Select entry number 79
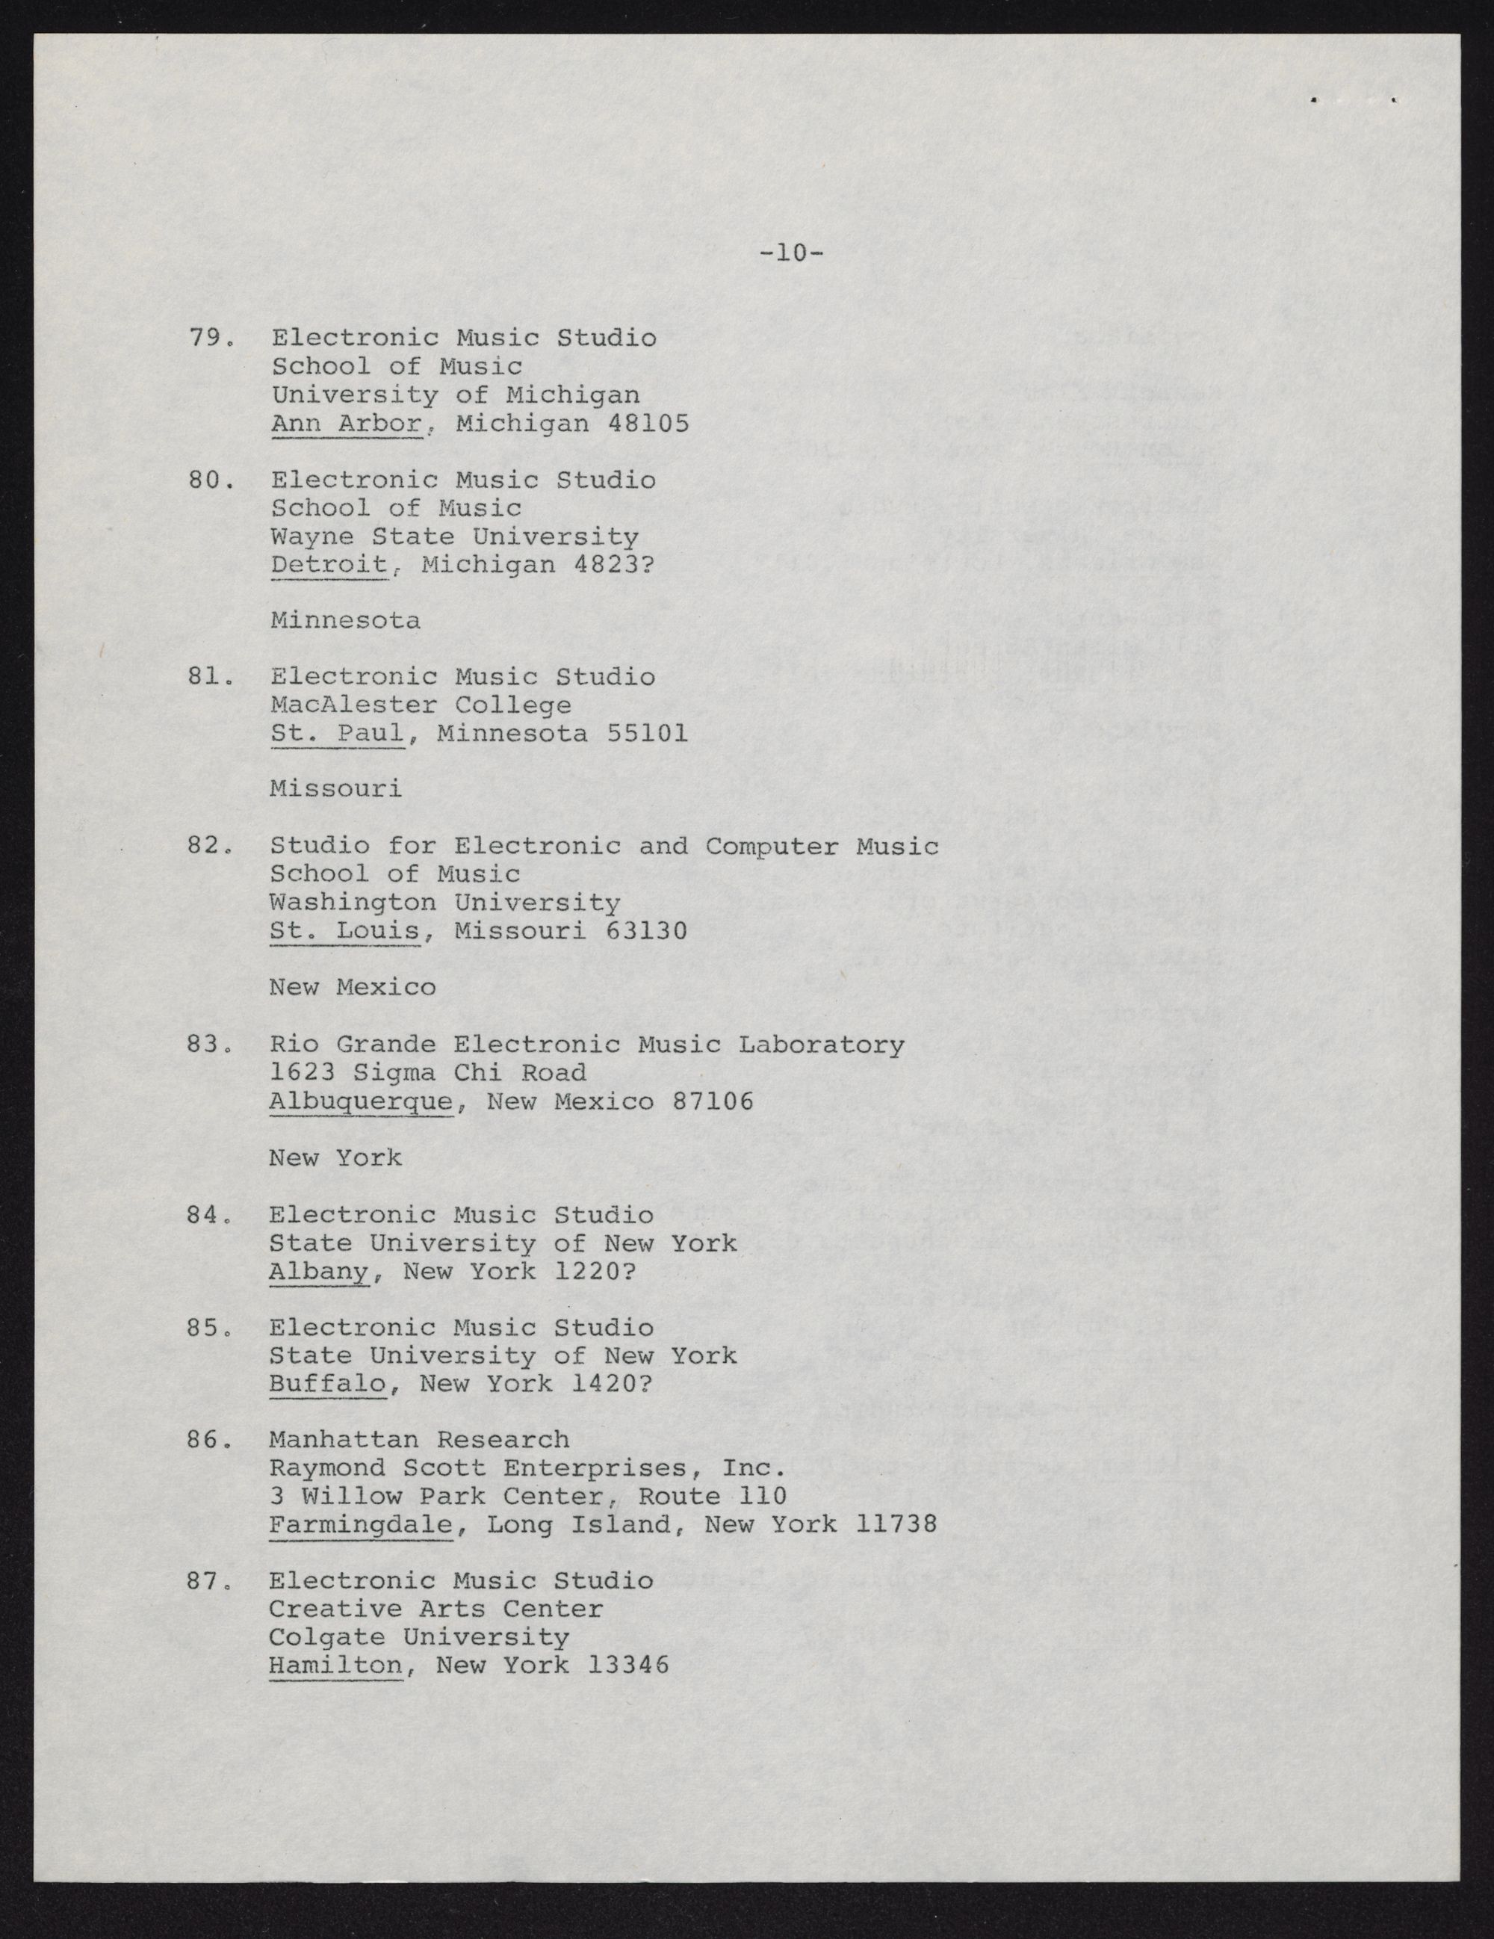[209, 338]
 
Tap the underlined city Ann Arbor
[346, 424]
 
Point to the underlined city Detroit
[329, 565]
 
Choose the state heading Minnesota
[345, 621]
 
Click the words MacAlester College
[421, 706]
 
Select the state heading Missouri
[335, 789]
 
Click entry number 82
[209, 846]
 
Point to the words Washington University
[444, 903]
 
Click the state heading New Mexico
[353, 987]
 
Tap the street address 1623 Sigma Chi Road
[428, 1072]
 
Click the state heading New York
[335, 1157]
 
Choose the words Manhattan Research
[419, 1439]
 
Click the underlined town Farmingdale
[360, 1525]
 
